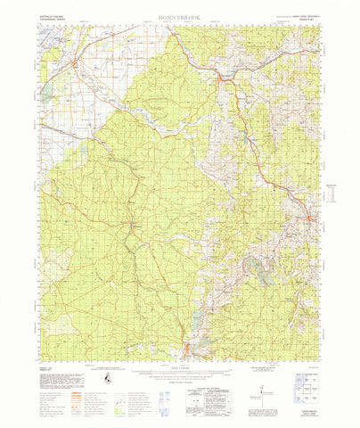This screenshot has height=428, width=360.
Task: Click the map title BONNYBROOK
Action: coord(179,16)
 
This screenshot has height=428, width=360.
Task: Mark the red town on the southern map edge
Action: coord(187,347)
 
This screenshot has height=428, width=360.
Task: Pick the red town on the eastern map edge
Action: coord(311,218)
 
